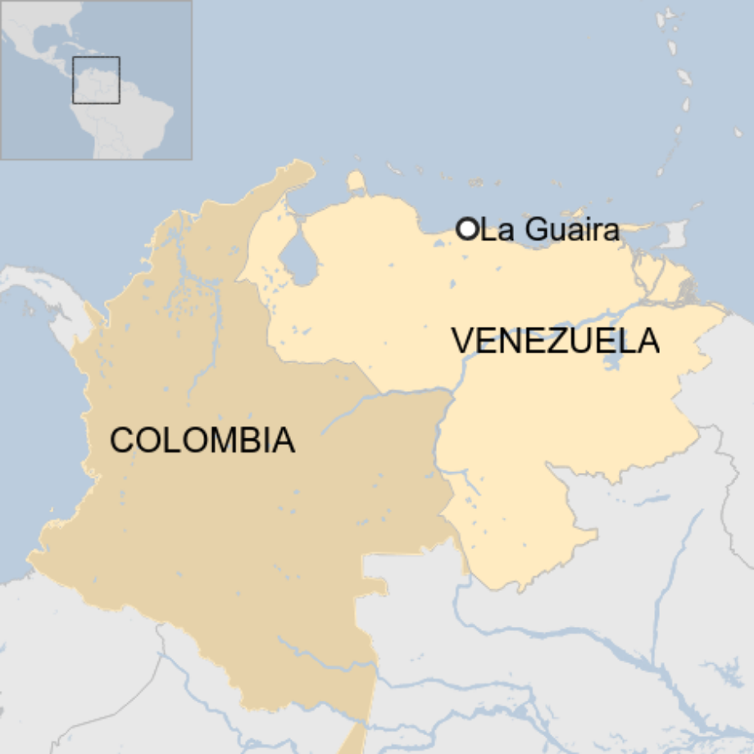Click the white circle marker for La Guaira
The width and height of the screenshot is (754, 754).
tap(467, 229)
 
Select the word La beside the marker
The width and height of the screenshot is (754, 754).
tap(494, 230)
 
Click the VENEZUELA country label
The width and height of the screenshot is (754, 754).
tap(556, 341)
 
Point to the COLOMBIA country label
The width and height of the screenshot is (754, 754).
tap(202, 440)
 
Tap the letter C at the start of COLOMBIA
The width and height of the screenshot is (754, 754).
tap(121, 440)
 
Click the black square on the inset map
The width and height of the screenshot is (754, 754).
tap(96, 79)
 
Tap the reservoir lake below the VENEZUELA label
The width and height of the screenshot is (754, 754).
tap(611, 361)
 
